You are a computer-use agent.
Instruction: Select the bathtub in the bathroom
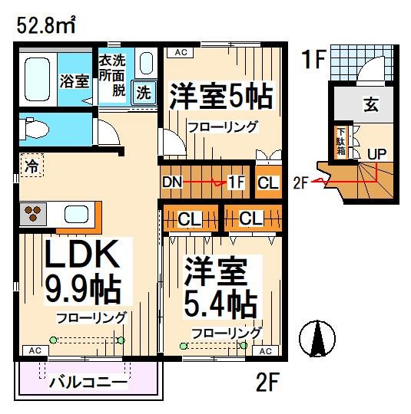click(37, 81)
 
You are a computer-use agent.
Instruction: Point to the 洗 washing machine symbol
click(144, 92)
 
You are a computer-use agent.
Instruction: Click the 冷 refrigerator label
click(30, 164)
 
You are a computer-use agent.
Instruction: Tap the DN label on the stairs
click(172, 183)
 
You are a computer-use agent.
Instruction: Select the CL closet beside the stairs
click(267, 183)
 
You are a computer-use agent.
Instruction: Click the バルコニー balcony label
click(87, 381)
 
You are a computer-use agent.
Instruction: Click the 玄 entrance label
click(371, 106)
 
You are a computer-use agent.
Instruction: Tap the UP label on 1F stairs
click(376, 153)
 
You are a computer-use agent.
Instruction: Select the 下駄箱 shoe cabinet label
click(339, 143)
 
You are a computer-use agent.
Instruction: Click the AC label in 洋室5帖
click(181, 52)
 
